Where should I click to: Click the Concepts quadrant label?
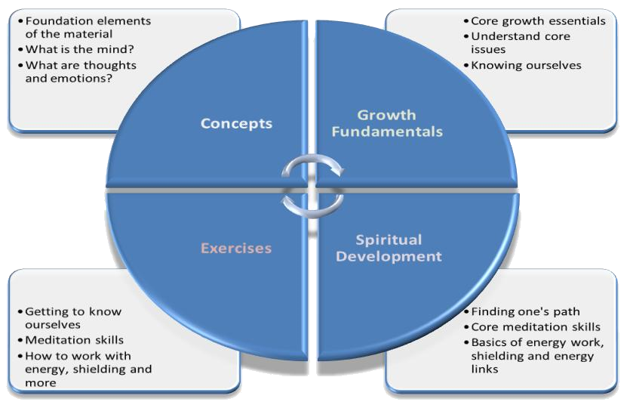click(x=236, y=124)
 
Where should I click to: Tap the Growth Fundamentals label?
click(x=386, y=124)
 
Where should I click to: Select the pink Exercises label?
click(x=236, y=248)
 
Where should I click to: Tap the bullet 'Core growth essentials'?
click(x=536, y=20)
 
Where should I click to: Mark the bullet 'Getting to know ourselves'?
click(x=72, y=318)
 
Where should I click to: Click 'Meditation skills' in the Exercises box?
click(x=75, y=340)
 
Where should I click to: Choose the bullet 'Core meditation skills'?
click(x=534, y=326)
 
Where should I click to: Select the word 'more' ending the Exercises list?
click(x=41, y=383)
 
